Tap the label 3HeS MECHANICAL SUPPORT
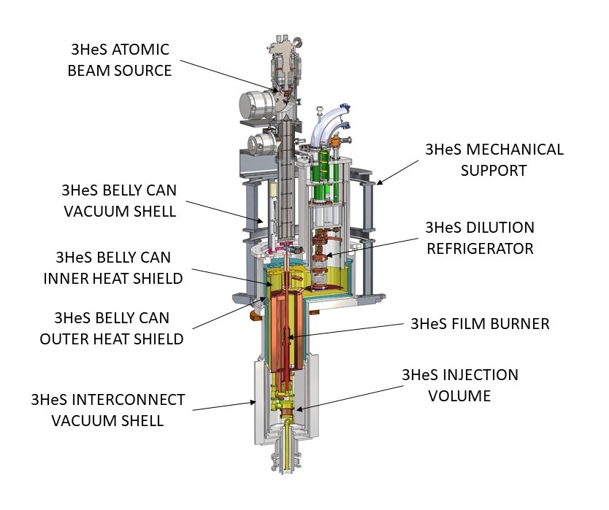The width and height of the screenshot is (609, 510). pyautogui.click(x=494, y=159)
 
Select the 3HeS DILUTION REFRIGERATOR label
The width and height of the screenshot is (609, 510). pyautogui.click(x=480, y=238)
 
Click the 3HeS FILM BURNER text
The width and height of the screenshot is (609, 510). pyautogui.click(x=480, y=323)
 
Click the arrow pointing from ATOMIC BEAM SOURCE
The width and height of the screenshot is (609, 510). pyautogui.click(x=227, y=76)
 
